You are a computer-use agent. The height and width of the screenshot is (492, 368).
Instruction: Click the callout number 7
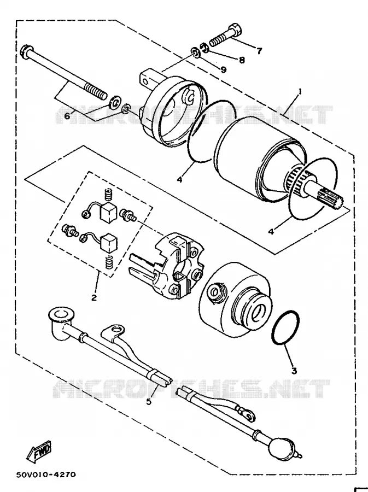pyautogui.click(x=259, y=51)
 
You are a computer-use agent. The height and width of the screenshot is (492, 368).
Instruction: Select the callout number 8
pyautogui.click(x=242, y=60)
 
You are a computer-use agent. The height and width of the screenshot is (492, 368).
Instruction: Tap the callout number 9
pyautogui.click(x=223, y=69)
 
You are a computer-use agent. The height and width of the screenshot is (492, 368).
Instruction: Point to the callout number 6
pyautogui.click(x=67, y=116)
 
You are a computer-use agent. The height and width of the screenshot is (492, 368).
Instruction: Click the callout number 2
pyautogui.click(x=94, y=297)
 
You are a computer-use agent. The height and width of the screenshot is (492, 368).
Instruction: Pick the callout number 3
pyautogui.click(x=294, y=371)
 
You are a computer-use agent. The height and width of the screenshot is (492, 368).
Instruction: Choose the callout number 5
pyautogui.click(x=149, y=401)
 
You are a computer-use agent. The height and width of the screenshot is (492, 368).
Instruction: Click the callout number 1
pyautogui.click(x=300, y=92)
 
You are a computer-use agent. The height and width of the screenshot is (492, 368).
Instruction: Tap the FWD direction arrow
pyautogui.click(x=39, y=452)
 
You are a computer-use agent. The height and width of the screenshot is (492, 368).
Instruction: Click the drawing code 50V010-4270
pyautogui.click(x=46, y=474)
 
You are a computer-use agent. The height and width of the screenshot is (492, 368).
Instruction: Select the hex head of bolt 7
pyautogui.click(x=236, y=31)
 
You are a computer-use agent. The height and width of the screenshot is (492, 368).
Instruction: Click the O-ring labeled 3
pyautogui.click(x=285, y=327)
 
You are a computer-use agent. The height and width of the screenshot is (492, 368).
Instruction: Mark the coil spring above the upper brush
pyautogui.click(x=109, y=196)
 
